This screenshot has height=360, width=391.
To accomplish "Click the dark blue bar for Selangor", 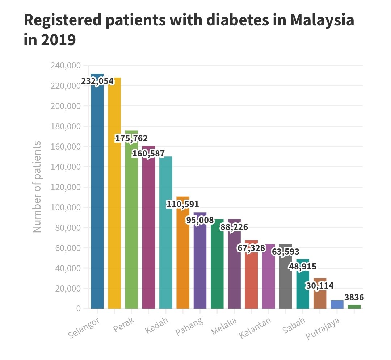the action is coord(97,191).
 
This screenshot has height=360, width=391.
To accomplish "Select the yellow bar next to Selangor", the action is coord(114,193).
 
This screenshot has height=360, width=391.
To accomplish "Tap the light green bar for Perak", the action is coord(131,219).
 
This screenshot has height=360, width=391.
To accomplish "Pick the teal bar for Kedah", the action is coord(165,233).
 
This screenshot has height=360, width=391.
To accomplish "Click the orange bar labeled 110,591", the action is coord(183,252).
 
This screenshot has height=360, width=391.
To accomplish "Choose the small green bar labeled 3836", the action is coord(354,307).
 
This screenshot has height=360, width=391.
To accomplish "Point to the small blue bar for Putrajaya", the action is coord(337,304).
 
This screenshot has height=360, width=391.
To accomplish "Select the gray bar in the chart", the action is coord(286,276).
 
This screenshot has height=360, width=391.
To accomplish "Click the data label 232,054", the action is coord(97,81).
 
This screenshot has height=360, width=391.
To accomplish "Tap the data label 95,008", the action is coord(200,220).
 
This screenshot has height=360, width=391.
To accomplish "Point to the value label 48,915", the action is coord(302,267).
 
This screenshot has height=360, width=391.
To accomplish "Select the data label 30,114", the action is coord(320,285).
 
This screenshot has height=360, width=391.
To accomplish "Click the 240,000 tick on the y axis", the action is coord(66,66).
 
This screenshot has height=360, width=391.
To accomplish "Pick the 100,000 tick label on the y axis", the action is coord(66,207).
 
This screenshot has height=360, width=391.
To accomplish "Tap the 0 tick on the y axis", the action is coord(79,309).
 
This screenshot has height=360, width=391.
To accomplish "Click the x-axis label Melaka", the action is coord(224,326).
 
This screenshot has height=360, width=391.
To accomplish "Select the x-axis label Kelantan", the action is coord(255,328).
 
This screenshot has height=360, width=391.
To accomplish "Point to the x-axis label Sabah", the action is coord(294,325).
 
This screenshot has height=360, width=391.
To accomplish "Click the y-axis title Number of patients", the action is coord(37,187).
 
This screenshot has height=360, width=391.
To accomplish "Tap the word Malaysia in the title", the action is coord(322,20).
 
